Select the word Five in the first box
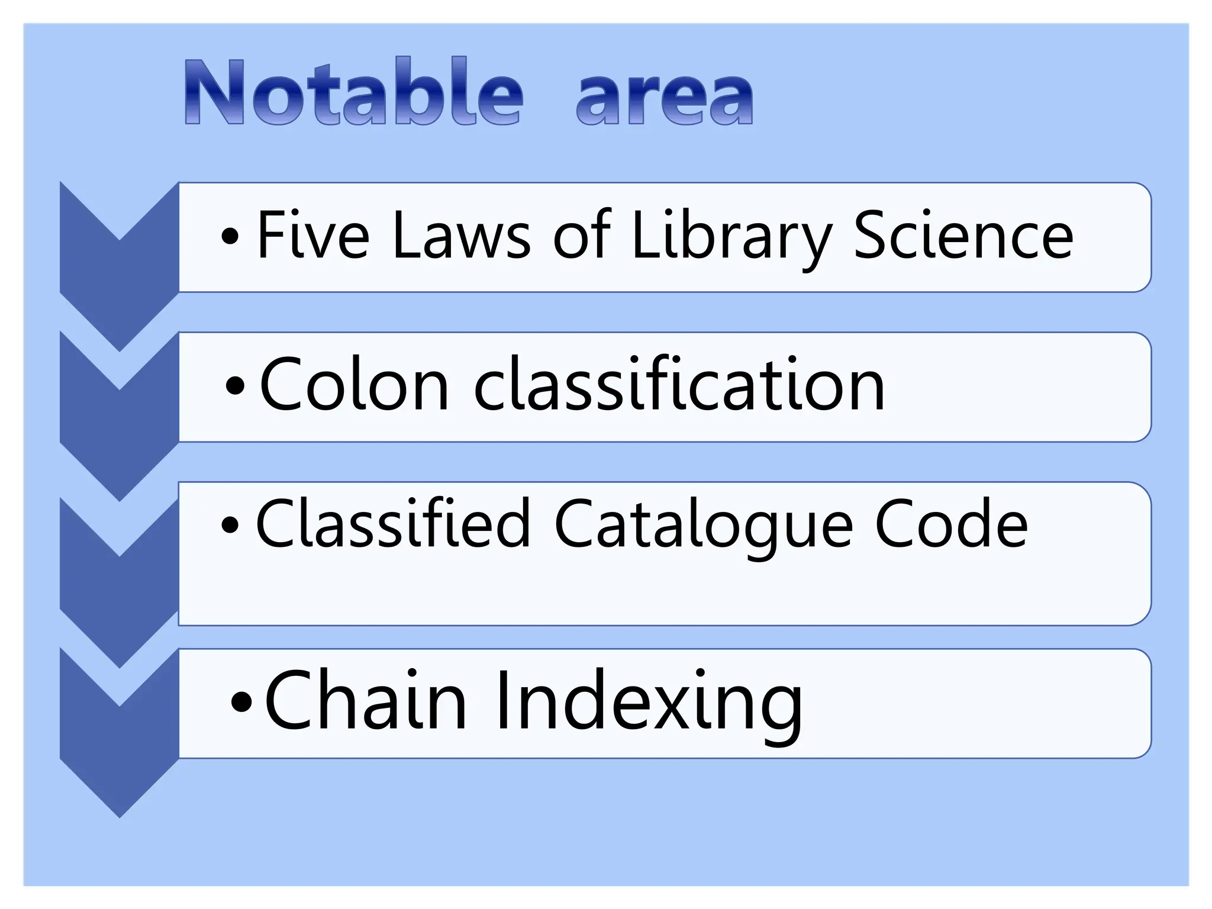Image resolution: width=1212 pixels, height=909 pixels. [x=313, y=236]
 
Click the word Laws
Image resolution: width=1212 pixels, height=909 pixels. [x=461, y=236]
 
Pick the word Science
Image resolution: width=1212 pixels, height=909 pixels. [x=963, y=236]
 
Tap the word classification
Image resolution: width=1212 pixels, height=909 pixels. [x=679, y=385]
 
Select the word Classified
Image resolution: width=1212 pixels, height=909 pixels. [x=392, y=523]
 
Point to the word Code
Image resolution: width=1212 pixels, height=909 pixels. [x=951, y=523]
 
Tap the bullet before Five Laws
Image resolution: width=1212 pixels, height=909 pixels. [x=230, y=237]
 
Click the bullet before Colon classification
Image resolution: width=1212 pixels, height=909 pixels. [x=235, y=386]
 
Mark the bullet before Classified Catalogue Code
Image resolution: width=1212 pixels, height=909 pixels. [x=230, y=524]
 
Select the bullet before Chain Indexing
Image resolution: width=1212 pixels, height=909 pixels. [x=241, y=702]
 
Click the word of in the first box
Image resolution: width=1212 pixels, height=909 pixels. [x=581, y=236]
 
